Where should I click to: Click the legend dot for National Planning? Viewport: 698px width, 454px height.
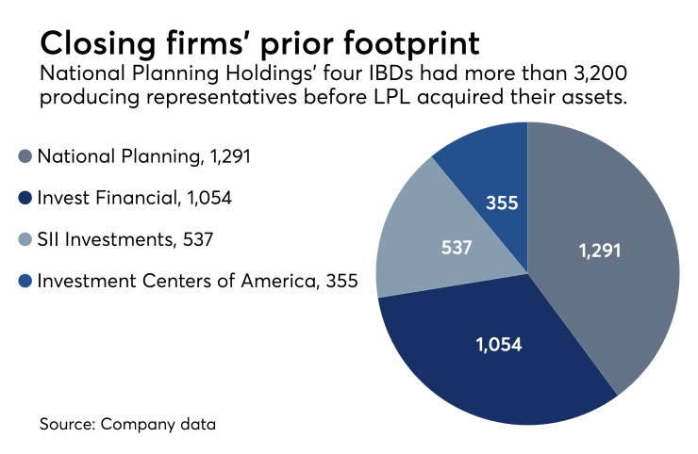pyautogui.click(x=24, y=157)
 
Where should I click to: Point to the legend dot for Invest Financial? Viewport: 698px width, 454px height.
pyautogui.click(x=24, y=198)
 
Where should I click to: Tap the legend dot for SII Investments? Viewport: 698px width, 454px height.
pyautogui.click(x=24, y=239)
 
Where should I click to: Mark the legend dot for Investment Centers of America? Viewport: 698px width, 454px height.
pyautogui.click(x=24, y=281)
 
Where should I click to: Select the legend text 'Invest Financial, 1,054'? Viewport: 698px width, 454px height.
pyautogui.click(x=134, y=198)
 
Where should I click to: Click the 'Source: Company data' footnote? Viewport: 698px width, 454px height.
pyautogui.click(x=127, y=424)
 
